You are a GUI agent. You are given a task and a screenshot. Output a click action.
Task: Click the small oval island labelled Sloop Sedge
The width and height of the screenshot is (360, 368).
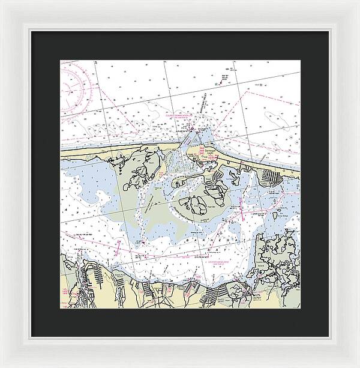pos(280,214)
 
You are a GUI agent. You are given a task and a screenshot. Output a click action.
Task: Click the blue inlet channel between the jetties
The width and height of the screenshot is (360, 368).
pos(187,145)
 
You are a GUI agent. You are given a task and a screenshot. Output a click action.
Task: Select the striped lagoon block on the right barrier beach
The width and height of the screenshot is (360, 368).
pos(273,177)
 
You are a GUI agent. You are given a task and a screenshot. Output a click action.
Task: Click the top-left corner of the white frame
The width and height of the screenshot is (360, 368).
pos(2,2)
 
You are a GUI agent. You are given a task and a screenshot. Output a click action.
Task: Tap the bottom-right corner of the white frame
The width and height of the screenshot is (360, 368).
pos(358,366)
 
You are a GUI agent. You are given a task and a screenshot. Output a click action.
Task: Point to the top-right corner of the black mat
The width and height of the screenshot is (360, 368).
pos(329,32)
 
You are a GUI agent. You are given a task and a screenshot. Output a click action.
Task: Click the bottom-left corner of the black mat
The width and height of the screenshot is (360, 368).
pos(31,337)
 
